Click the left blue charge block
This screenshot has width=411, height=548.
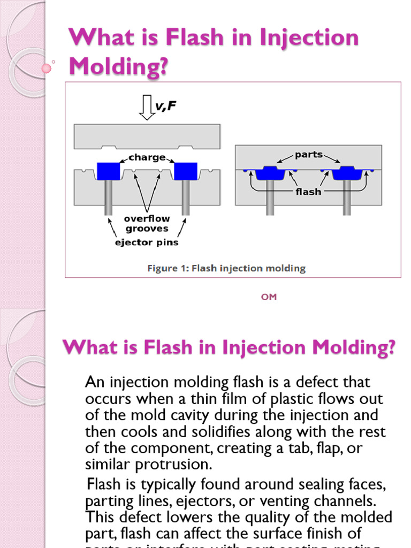pyautogui.click(x=109, y=171)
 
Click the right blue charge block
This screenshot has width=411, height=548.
pyautogui.click(x=186, y=171)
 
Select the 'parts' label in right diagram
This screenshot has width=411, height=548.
pyautogui.click(x=309, y=155)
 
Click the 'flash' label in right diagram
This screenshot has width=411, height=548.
pyautogui.click(x=309, y=192)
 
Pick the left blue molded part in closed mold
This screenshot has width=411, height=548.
pyautogui.click(x=270, y=173)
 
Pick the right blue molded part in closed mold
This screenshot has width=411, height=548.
pyautogui.click(x=347, y=173)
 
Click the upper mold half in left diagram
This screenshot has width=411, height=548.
pyautogui.click(x=147, y=136)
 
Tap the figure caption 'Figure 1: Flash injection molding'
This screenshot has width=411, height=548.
pyautogui.click(x=226, y=269)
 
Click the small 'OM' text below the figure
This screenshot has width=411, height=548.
pyautogui.click(x=269, y=297)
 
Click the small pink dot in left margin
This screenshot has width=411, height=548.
pyautogui.click(x=47, y=68)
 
